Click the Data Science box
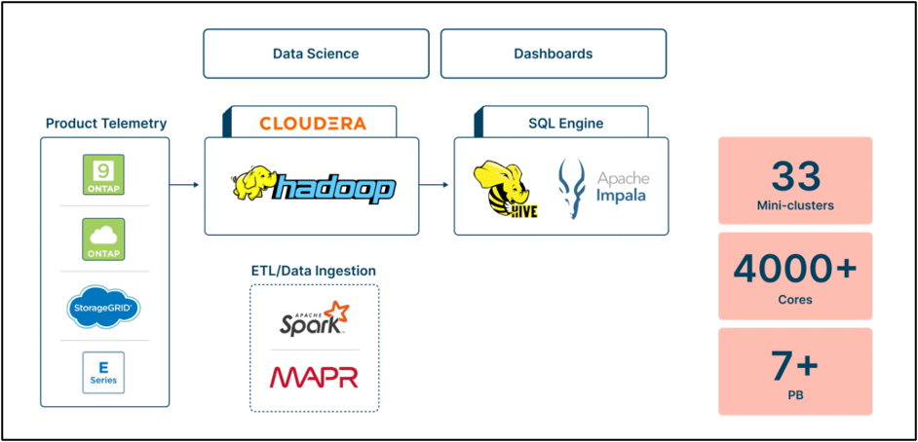tap(316, 54)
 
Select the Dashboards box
tap(553, 54)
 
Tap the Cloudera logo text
tap(313, 124)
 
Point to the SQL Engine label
tap(565, 124)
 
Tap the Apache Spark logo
tap(312, 318)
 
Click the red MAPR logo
tap(314, 377)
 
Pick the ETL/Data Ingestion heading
tap(313, 270)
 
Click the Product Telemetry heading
tap(106, 123)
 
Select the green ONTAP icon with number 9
tap(104, 173)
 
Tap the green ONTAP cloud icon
tap(104, 239)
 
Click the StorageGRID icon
tap(104, 308)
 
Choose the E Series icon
tap(104, 373)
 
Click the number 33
tap(795, 176)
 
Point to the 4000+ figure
tap(795, 269)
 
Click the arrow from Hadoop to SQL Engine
tap(436, 184)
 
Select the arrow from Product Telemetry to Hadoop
tap(186, 184)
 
